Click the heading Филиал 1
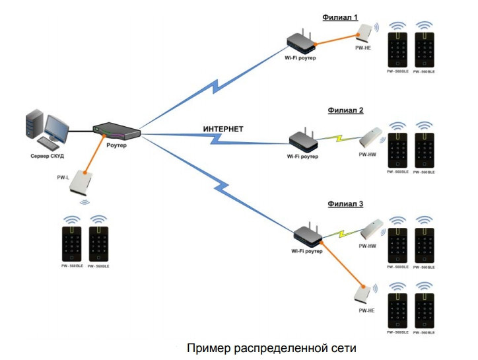pyautogui.click(x=340, y=17)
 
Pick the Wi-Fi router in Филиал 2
pyautogui.click(x=303, y=139)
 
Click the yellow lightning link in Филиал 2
pyautogui.click(x=339, y=140)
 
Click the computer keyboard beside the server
pyautogui.click(x=48, y=142)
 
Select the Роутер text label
pyautogui.click(x=116, y=144)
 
